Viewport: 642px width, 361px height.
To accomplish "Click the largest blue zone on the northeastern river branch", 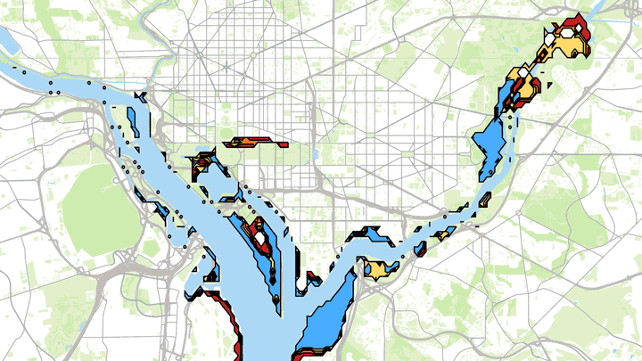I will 490,143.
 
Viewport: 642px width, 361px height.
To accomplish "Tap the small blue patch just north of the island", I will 141,97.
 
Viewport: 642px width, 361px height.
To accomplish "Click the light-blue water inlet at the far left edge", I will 7,40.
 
